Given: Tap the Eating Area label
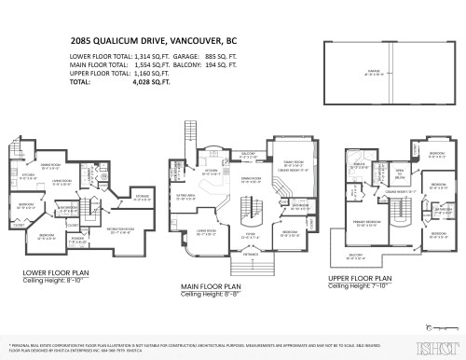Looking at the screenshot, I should [186, 197].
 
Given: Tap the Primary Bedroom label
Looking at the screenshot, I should [364, 223].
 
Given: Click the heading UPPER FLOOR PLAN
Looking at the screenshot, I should [369, 278].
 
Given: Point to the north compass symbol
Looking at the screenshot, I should [429, 327].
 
